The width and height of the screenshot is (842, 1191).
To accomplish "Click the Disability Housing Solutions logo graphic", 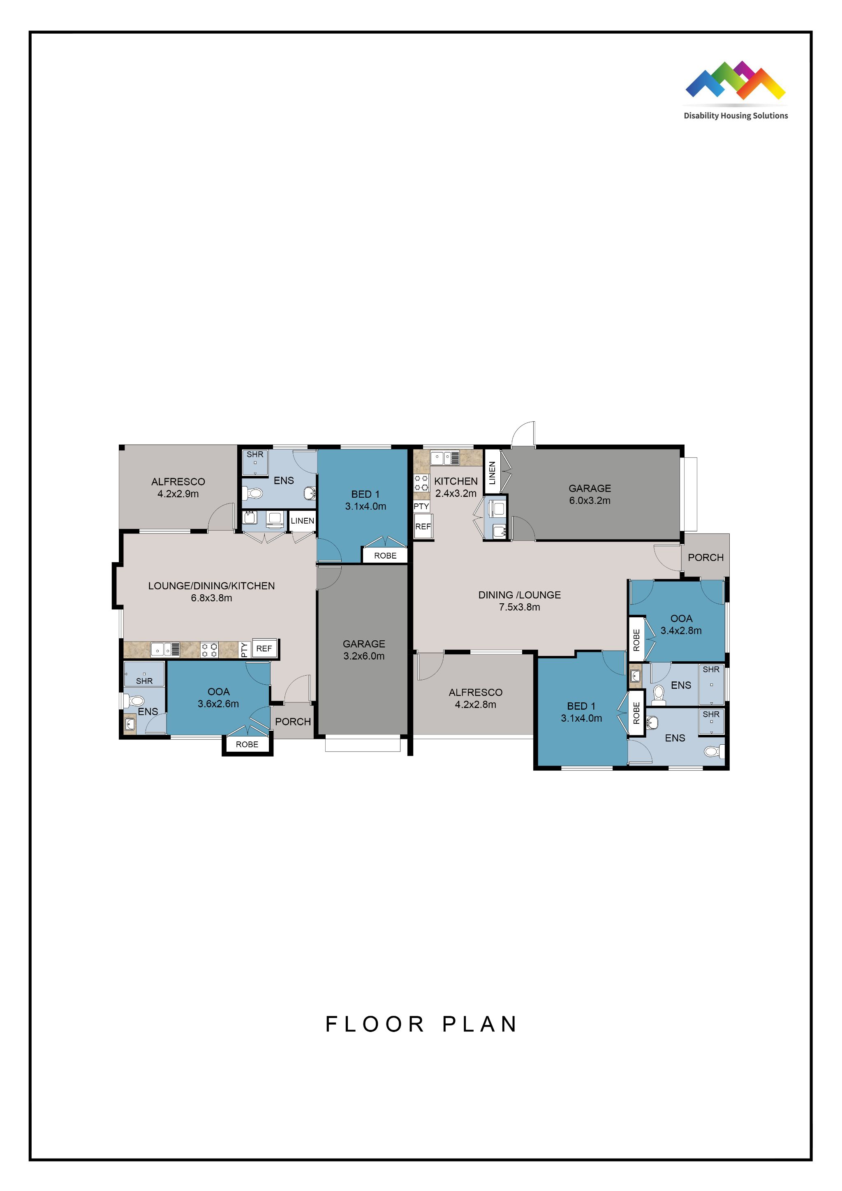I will pyautogui.click(x=735, y=81).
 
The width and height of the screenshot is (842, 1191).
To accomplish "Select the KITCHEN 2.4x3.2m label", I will pyautogui.click(x=456, y=487).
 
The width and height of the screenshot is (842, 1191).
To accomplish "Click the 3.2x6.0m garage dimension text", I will pyautogui.click(x=364, y=656).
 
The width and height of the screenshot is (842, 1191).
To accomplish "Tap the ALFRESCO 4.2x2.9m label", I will pyautogui.click(x=178, y=487).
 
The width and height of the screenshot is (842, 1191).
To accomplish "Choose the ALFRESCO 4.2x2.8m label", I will pyautogui.click(x=475, y=698).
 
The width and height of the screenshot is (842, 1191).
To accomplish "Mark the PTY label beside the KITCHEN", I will pyautogui.click(x=421, y=506).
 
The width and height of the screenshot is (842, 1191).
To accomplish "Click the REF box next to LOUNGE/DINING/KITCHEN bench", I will pyautogui.click(x=264, y=649).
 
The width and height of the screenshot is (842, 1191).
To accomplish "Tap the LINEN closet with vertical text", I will pyautogui.click(x=492, y=472).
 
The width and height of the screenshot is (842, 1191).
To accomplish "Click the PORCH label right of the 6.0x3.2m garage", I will pyautogui.click(x=705, y=557).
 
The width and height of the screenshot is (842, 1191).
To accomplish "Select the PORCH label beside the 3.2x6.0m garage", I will pyautogui.click(x=293, y=722).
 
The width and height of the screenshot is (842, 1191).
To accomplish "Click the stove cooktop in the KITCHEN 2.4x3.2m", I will pyautogui.click(x=421, y=483).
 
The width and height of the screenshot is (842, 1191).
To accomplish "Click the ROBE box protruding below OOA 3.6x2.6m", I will pyautogui.click(x=247, y=744).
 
